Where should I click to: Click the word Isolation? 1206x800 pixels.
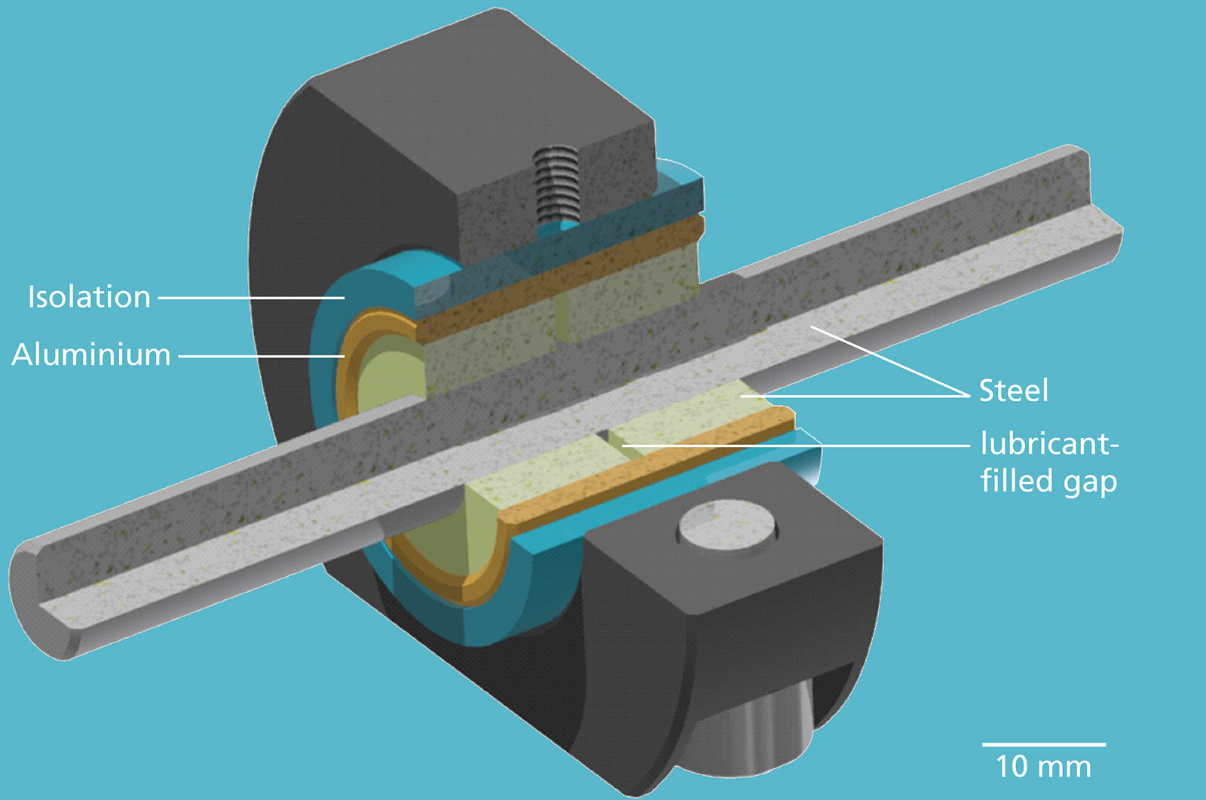[x=89, y=297]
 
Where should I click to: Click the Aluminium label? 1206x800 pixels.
[x=91, y=354]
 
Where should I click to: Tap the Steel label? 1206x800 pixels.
[x=1013, y=391]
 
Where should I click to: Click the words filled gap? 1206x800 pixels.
[x=1048, y=481]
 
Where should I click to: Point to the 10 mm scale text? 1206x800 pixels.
[x=1043, y=767]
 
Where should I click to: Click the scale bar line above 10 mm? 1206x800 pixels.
[x=1043, y=744]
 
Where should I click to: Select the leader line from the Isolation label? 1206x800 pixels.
[x=249, y=298]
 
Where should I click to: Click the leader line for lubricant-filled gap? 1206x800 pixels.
[x=791, y=446]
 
